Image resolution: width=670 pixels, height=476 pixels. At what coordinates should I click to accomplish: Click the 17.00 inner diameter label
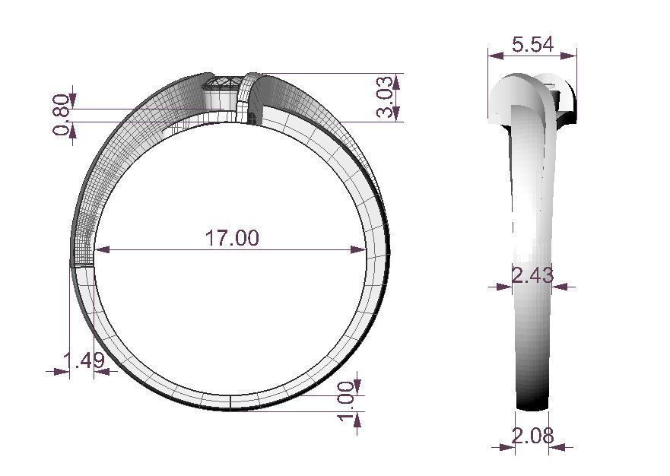coord(231,238)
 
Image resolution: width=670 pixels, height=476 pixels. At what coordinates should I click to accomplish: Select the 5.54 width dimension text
coord(532,45)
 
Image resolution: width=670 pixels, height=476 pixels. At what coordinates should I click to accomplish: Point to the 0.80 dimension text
coord(62,118)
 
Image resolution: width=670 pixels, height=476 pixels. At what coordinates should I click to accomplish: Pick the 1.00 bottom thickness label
coord(346,404)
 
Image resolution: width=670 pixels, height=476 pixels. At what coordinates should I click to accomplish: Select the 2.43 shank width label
coord(532,275)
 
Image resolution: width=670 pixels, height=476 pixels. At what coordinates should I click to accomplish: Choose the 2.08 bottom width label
coord(532,436)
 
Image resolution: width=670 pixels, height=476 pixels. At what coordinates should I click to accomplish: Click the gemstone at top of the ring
coord(222,83)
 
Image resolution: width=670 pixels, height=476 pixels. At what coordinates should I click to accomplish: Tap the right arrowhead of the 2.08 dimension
coord(554,447)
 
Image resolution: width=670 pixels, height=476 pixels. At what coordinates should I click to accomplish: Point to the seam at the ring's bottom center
coord(230,402)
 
